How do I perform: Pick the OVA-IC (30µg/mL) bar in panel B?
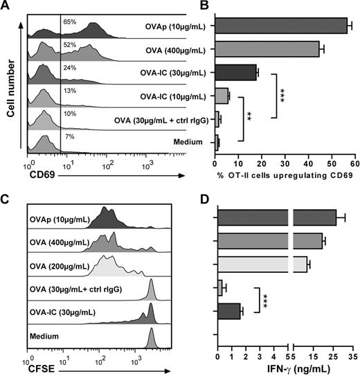(x=235, y=73)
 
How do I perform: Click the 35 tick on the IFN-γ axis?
(x=352, y=351)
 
